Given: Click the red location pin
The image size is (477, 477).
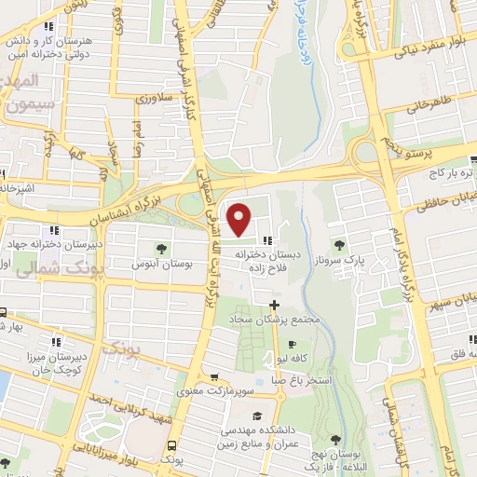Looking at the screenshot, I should [x=240, y=219].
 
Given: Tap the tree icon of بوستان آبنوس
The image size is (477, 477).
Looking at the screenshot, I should [x=162, y=249].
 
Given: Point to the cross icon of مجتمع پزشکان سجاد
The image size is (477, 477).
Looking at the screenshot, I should [x=273, y=305].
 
